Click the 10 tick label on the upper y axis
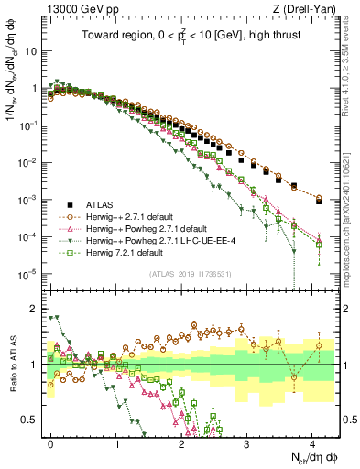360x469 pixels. coord(31,51)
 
